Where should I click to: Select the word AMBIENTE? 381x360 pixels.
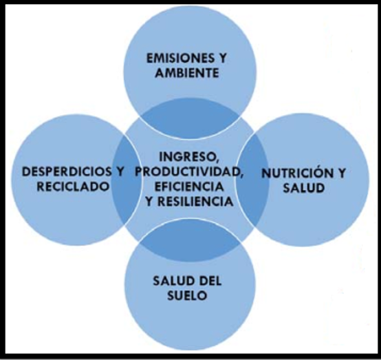coord(187,73)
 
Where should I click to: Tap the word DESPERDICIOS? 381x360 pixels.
coord(67,171)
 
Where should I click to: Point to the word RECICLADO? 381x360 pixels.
coord(73,187)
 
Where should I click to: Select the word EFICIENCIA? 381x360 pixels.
coord(189,187)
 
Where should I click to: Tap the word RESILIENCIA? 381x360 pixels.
coord(195,202)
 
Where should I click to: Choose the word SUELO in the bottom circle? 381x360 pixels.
coord(187,296)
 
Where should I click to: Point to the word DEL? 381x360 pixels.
coord(210,282)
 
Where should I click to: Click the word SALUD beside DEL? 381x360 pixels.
coord(173,282)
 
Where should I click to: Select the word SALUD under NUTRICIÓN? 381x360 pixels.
coord(304,188)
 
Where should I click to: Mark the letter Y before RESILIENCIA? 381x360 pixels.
coord(149,202)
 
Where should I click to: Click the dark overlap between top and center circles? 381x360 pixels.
coord(189,119)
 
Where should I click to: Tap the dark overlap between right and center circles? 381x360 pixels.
coord(253,180)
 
